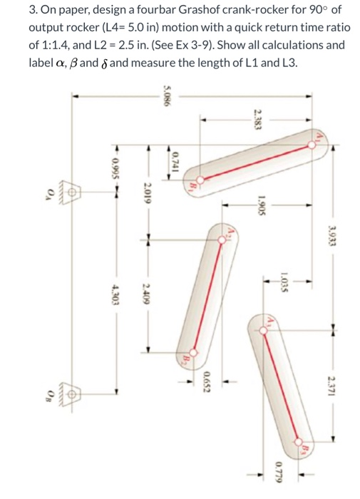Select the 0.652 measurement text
(x=207, y=383)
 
